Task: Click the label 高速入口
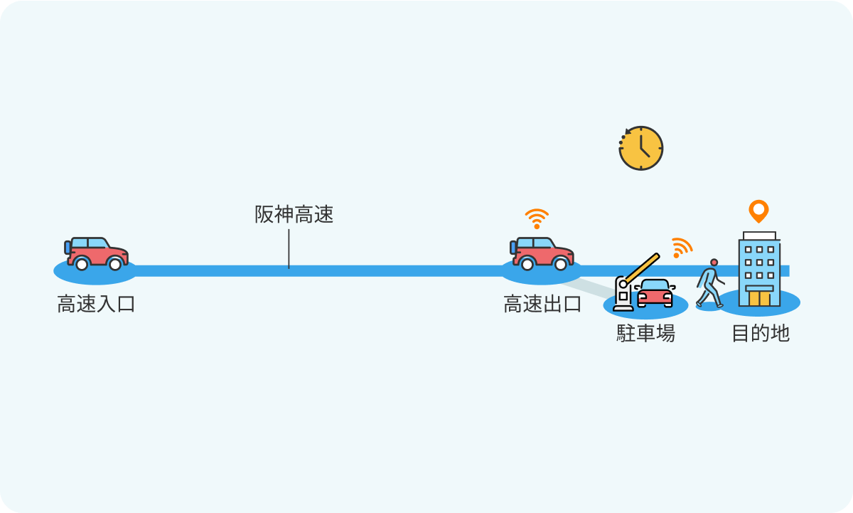pyautogui.click(x=96, y=304)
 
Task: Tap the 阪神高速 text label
pyautogui.click(x=294, y=214)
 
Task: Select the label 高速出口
pyautogui.click(x=542, y=304)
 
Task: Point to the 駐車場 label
pyautogui.click(x=646, y=333)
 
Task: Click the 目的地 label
pyautogui.click(x=761, y=333)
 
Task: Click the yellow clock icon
pyautogui.click(x=641, y=148)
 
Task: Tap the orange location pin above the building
pyautogui.click(x=758, y=211)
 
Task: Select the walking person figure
pyautogui.click(x=710, y=283)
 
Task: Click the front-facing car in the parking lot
pyautogui.click(x=655, y=293)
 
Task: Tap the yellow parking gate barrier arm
pyautogui.click(x=641, y=269)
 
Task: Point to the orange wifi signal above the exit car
pyautogui.click(x=537, y=218)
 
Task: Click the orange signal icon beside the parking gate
pyautogui.click(x=682, y=248)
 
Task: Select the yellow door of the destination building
pyautogui.click(x=760, y=298)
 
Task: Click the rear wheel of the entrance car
pyautogui.click(x=82, y=264)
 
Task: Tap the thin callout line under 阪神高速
pyautogui.click(x=289, y=249)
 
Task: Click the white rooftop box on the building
pyautogui.click(x=759, y=236)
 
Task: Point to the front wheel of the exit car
pyautogui.click(x=561, y=264)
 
